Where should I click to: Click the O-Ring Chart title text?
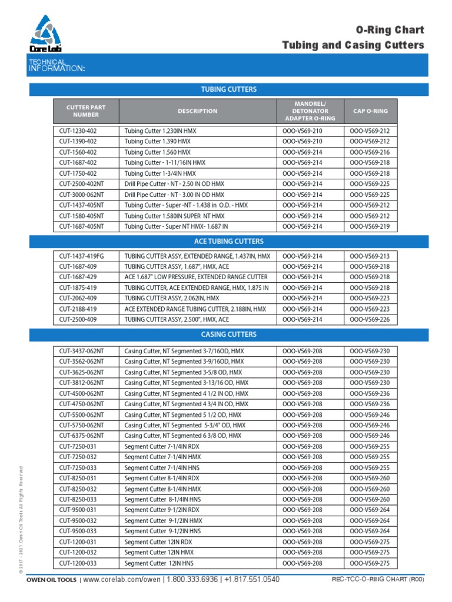pyautogui.click(x=390, y=30)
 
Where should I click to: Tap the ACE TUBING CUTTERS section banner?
pyautogui.click(x=229, y=241)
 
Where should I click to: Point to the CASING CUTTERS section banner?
pyautogui.click(x=229, y=335)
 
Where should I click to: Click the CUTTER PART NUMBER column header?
pyautogui.click(x=86, y=111)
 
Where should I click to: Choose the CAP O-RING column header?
pyautogui.click(x=370, y=111)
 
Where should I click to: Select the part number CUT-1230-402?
pyautogui.click(x=78, y=131)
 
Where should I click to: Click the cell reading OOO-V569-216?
pyautogui.click(x=370, y=152)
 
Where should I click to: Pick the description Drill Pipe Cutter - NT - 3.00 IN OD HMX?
pyautogui.click(x=174, y=195)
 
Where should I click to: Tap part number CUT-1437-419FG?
pyautogui.click(x=82, y=256)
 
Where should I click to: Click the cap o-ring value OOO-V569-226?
pyautogui.click(x=370, y=319)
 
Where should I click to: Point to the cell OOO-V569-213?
pyautogui.click(x=370, y=256)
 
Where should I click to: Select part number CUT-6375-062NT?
pyautogui.click(x=81, y=436)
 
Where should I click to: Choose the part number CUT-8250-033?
pyautogui.click(x=78, y=499)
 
